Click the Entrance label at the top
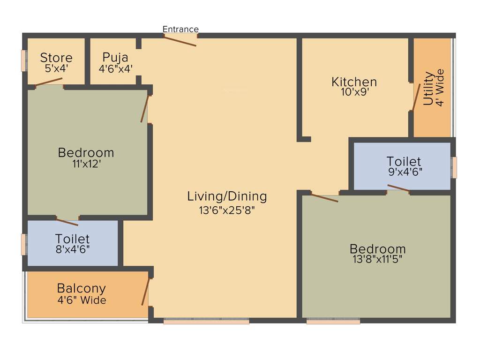180,29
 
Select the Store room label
56,58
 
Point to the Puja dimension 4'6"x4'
115,68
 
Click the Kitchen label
354,82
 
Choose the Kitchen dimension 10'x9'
354,92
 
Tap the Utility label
428,88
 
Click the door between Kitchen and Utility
416,97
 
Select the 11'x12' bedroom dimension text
86,164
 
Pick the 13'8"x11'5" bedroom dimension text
377,258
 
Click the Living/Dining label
227,196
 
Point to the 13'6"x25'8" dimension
227,210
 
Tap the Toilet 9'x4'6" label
404,162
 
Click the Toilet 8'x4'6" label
72,239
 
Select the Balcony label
82,288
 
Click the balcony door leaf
146,292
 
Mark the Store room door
49,82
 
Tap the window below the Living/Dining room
206,322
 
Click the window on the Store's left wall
24,60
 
